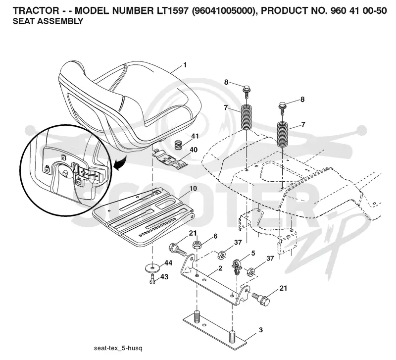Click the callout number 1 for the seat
click(185, 65)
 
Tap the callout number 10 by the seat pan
click(193, 189)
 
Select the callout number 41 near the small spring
click(195, 136)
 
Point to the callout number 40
click(194, 150)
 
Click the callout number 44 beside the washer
click(168, 263)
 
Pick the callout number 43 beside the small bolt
click(164, 277)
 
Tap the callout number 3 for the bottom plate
click(261, 330)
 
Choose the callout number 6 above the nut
click(215, 236)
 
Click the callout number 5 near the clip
click(253, 253)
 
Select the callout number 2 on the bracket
click(220, 268)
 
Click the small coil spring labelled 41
click(179, 145)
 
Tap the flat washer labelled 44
click(152, 267)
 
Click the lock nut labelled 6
click(197, 245)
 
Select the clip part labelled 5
click(237, 267)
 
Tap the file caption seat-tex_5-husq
click(118, 349)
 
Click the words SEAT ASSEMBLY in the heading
click(48, 21)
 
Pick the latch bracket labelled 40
click(170, 159)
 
